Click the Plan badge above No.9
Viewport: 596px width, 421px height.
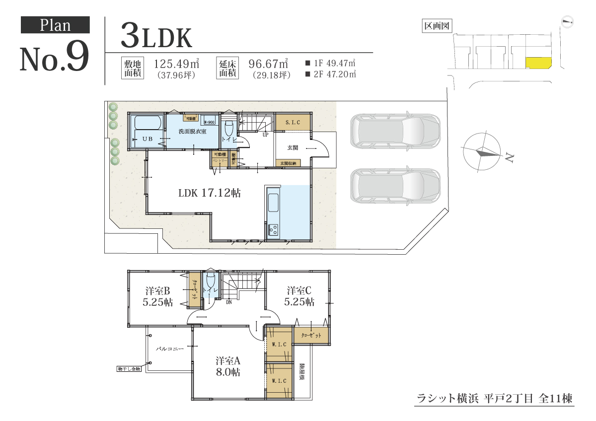coord(55,25)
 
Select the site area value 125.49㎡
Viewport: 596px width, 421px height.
coord(177,64)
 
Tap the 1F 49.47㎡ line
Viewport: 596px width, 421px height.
coord(330,64)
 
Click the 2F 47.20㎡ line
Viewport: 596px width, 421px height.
coord(330,74)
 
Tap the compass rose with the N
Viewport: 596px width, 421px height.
coord(482,152)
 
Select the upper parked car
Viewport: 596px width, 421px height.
coord(395,131)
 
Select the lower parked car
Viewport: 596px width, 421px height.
coord(395,185)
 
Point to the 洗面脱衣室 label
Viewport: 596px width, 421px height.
coord(193,132)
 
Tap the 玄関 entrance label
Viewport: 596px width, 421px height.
coord(293,148)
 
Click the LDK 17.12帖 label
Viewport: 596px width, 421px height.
coord(209,193)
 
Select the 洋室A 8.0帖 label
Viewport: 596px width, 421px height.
coord(228,366)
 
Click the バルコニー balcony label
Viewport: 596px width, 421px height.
coord(170,349)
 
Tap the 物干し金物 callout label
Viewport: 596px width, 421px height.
coord(130,369)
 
